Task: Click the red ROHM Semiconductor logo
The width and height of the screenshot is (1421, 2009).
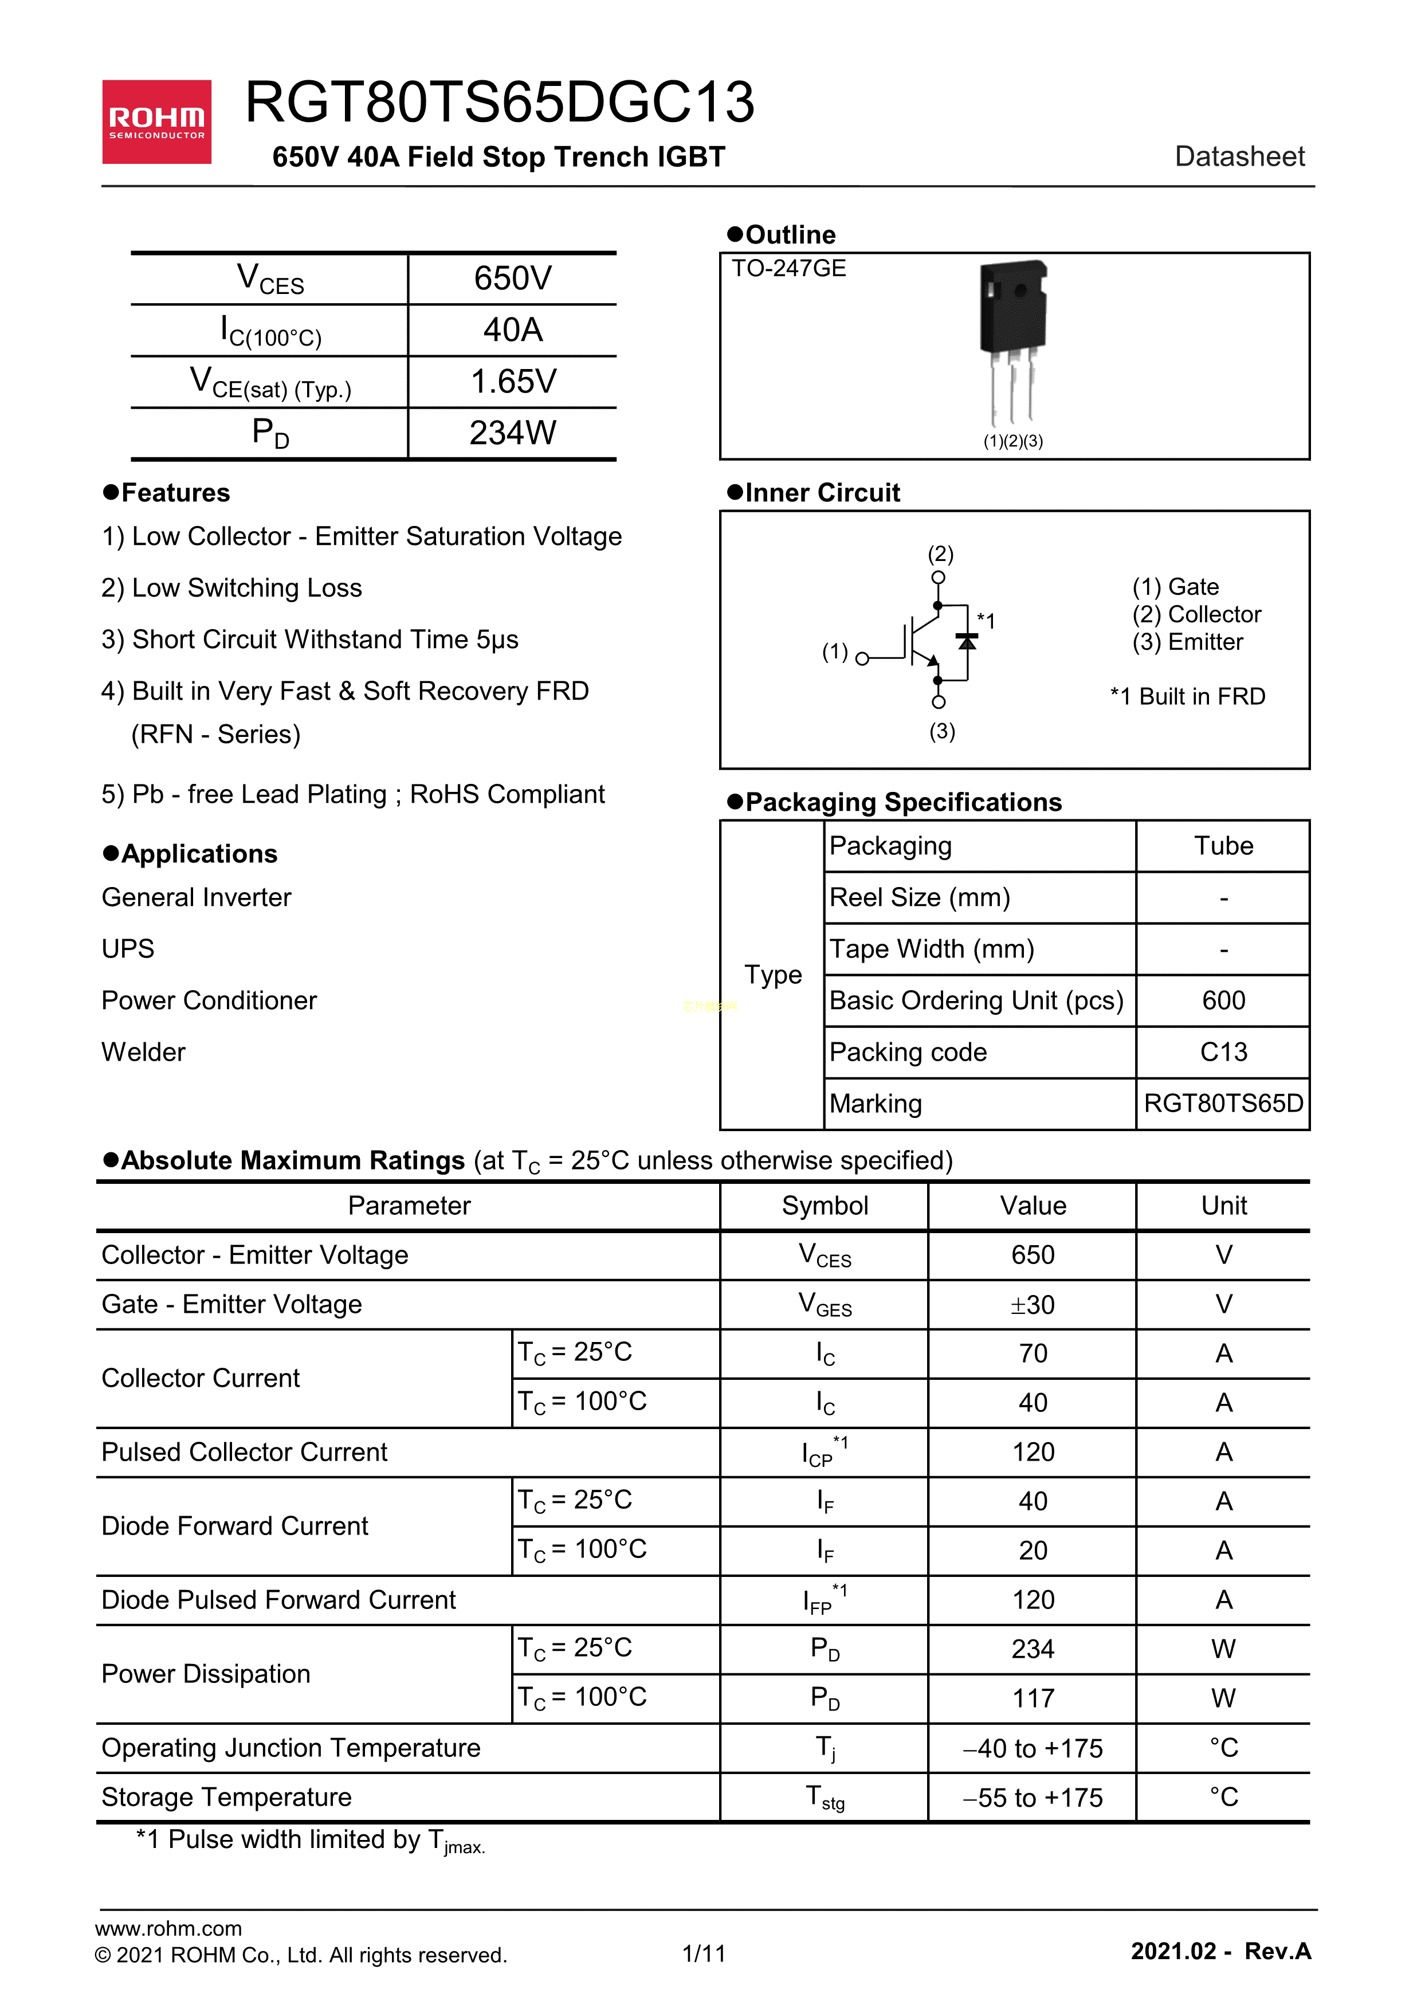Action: click(156, 121)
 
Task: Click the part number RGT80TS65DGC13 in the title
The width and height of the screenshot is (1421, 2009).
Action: click(500, 103)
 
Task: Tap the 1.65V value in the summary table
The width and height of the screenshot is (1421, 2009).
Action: click(513, 382)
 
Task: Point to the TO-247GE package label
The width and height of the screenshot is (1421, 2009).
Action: click(788, 269)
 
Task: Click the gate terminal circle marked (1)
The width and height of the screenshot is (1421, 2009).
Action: click(862, 659)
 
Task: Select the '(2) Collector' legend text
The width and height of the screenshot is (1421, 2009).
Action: click(1196, 614)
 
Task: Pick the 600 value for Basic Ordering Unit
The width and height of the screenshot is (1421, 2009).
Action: click(1223, 1000)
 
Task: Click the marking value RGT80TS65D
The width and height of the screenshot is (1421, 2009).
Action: click(1223, 1104)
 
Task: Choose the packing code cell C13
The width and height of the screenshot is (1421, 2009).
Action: click(1223, 1051)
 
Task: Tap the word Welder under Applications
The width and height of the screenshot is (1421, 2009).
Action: click(143, 1051)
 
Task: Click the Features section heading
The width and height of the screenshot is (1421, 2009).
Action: click(175, 493)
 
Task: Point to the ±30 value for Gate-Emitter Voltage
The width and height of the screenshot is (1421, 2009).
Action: click(1033, 1305)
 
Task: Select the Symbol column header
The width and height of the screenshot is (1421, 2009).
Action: click(825, 1206)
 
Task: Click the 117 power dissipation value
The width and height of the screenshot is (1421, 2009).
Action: click(1033, 1698)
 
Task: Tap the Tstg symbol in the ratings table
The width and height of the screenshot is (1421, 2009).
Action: click(825, 1797)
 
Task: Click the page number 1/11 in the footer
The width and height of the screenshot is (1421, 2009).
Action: click(704, 1953)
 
